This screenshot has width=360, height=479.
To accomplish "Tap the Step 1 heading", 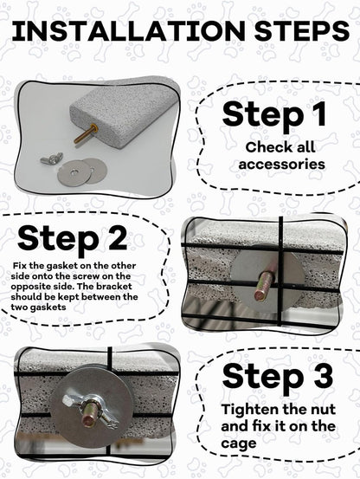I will (275, 115).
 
